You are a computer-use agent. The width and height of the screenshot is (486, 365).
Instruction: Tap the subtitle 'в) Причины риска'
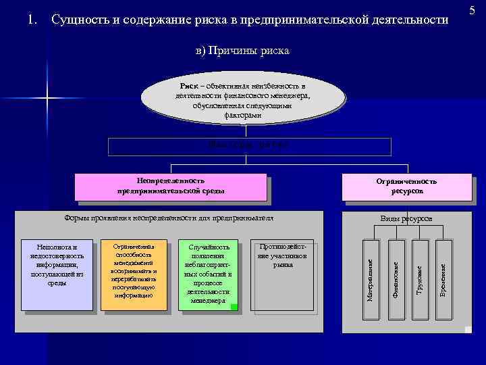242,51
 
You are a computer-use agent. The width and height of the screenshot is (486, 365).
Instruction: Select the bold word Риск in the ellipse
189,87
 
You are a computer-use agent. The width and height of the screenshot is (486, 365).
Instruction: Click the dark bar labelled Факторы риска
249,146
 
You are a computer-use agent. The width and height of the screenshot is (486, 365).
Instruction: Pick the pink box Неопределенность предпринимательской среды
171,186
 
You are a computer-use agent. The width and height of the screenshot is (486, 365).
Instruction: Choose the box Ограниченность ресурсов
406,186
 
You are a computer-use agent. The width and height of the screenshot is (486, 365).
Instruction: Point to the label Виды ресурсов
406,218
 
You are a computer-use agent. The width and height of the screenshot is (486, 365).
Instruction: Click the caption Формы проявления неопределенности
169,218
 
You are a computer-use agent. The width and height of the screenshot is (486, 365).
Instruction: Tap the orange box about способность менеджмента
134,271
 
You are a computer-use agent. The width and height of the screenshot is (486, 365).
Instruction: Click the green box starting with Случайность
208,273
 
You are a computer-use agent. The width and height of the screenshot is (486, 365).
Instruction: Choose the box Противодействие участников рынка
282,256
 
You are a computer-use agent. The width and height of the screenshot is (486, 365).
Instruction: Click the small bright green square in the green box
234,307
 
